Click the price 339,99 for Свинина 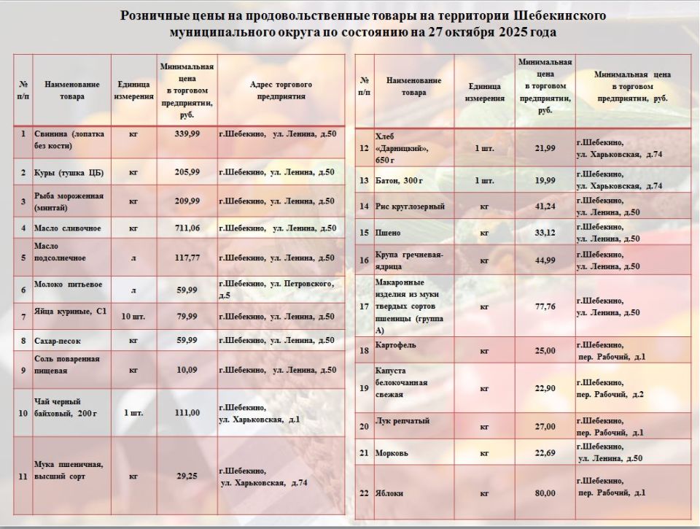coord(187,134)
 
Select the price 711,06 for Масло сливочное coord(187,228)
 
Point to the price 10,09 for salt coord(187,370)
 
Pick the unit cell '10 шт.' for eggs coord(133,317)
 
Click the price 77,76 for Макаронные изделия coord(545,306)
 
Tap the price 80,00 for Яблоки coord(545,493)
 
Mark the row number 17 coord(364,306)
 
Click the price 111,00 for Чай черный coord(187,412)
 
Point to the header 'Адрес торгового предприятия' coord(281,90)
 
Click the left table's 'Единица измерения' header coord(133,90)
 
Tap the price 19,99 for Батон coord(545,180)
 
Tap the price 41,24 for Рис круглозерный coord(545,206)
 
